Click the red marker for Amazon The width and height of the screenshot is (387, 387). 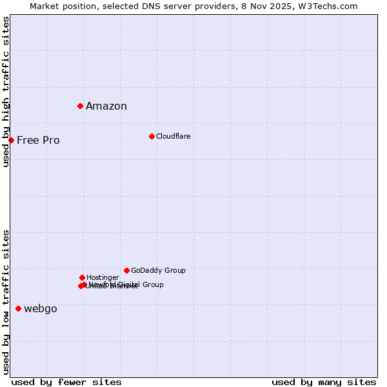(x=80, y=106)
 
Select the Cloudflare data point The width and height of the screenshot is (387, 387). (x=152, y=136)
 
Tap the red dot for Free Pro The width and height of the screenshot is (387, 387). (x=11, y=140)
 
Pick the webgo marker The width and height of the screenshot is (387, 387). (x=18, y=308)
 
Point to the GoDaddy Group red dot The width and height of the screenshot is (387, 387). (x=126, y=270)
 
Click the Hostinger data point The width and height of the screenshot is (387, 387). (x=82, y=277)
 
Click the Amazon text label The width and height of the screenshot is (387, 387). (x=106, y=106)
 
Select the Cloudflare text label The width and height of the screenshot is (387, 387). (x=173, y=136)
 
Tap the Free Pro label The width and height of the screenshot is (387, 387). (x=38, y=141)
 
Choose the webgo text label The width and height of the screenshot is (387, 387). (x=41, y=309)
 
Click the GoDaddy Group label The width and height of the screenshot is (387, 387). (x=158, y=271)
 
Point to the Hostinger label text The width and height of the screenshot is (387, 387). (x=103, y=277)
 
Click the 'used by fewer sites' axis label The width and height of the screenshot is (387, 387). (x=66, y=382)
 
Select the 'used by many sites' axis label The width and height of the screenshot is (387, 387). (x=324, y=382)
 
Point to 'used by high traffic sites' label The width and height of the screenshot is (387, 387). (x=6, y=92)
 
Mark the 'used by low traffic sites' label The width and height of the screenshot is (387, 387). (x=6, y=301)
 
